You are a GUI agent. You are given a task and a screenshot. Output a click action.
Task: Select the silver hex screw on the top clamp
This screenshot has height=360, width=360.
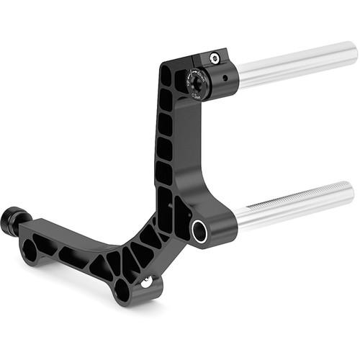point(214,58)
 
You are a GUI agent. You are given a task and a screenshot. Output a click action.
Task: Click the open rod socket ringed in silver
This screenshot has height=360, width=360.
point(199,230)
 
